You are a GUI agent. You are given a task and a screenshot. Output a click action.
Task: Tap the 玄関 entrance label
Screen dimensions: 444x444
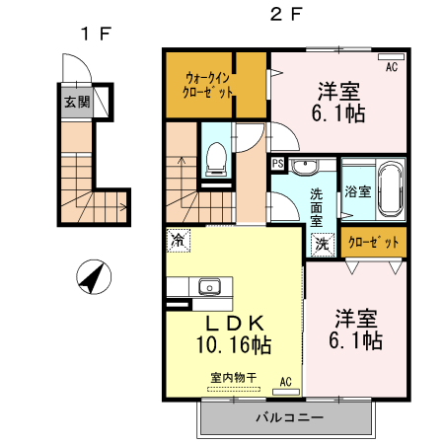[x=76, y=102]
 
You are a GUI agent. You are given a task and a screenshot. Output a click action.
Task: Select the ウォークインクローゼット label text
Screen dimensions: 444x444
[x=208, y=84]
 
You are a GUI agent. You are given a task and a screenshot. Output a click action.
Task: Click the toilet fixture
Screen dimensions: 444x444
[x=216, y=159]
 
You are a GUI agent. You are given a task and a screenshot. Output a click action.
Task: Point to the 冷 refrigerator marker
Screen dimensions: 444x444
[x=178, y=240]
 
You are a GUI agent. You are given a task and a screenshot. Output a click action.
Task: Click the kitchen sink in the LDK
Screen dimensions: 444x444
[x=209, y=288]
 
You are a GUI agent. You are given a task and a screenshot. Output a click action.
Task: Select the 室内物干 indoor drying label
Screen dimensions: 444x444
[x=233, y=376]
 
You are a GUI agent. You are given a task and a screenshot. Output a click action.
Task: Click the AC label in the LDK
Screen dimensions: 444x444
[x=285, y=380]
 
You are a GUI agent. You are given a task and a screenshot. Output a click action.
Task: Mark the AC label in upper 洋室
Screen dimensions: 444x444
[x=392, y=67]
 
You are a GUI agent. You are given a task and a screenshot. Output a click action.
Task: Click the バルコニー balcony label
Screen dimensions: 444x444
[x=289, y=417]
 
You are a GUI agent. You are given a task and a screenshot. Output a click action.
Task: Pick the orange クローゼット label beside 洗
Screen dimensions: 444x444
[x=374, y=242]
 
